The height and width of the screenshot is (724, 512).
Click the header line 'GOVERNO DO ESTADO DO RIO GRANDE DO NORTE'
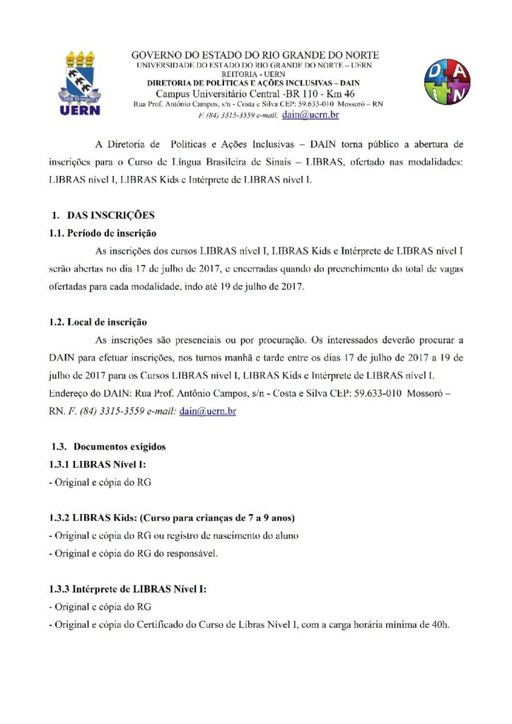point(255,55)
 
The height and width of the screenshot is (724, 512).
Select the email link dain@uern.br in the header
point(310,114)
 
